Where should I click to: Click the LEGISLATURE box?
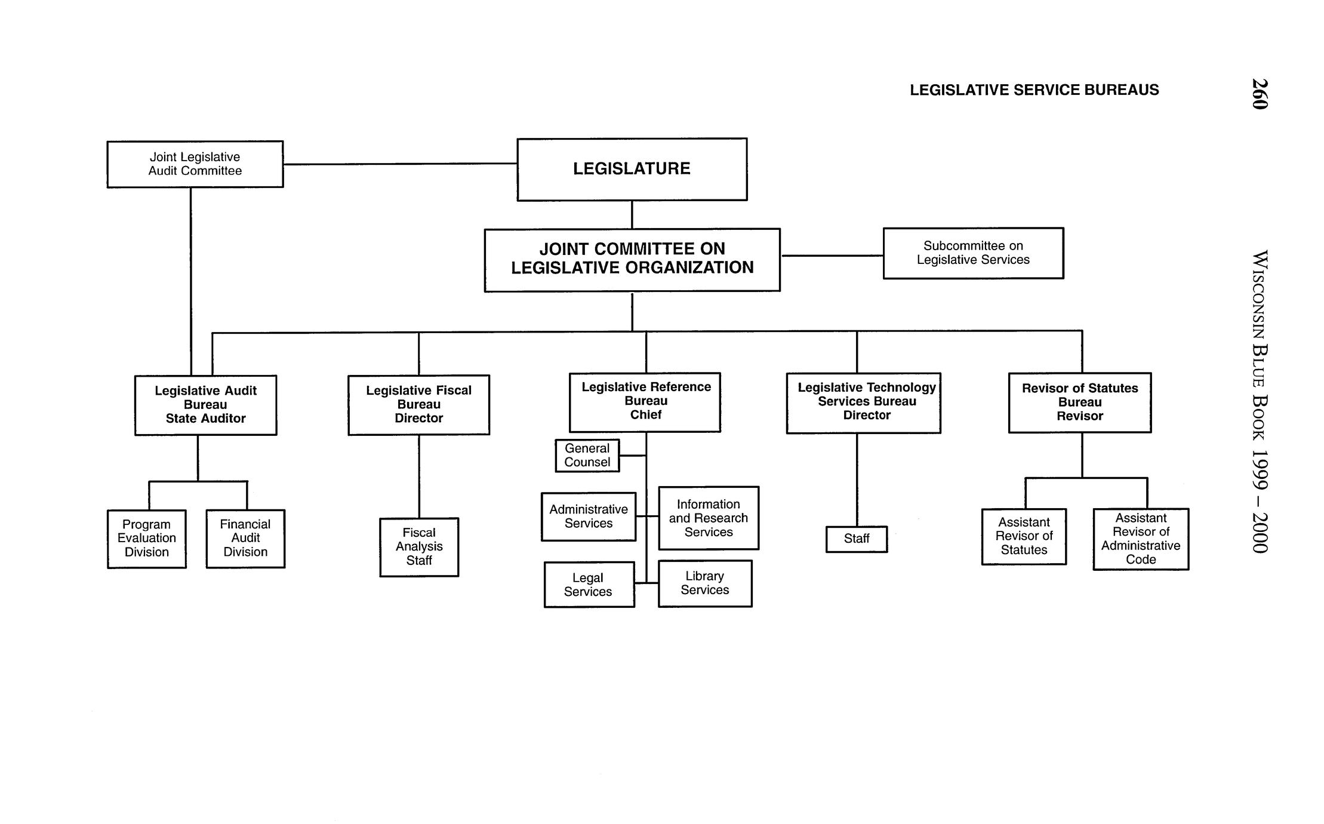(x=632, y=169)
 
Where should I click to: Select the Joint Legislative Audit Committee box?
(x=195, y=164)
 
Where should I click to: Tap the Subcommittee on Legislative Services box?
(x=973, y=253)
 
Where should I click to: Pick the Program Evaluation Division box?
(x=146, y=538)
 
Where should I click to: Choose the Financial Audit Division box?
(x=245, y=538)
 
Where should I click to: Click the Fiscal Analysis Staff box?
(x=419, y=546)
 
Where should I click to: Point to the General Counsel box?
(x=587, y=455)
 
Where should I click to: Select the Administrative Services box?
(x=588, y=516)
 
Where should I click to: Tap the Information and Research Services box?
(x=709, y=518)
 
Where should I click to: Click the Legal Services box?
(x=589, y=585)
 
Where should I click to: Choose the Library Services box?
(x=704, y=583)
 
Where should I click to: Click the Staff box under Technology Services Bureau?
(x=856, y=539)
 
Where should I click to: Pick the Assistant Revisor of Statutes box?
(x=1024, y=536)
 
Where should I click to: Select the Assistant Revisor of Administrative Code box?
(x=1140, y=539)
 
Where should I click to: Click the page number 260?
(x=1259, y=94)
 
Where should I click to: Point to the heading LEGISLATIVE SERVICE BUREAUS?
(x=1034, y=90)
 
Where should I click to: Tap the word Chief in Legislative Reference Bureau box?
(x=645, y=415)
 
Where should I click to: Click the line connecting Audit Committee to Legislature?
(x=400, y=164)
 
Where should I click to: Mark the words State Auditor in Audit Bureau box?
(x=205, y=419)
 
